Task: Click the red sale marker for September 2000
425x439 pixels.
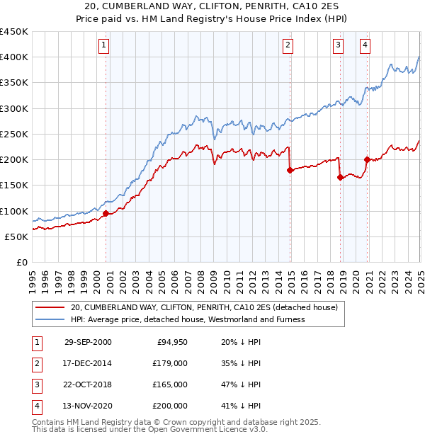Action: point(106,213)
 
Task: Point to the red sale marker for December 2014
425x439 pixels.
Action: point(290,170)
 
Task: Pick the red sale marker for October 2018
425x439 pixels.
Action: point(340,177)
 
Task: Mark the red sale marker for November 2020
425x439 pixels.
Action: point(367,159)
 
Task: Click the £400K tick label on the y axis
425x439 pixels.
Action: point(14,57)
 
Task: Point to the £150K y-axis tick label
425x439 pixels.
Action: point(14,186)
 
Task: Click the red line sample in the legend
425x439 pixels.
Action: point(50,307)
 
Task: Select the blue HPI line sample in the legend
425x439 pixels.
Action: point(50,319)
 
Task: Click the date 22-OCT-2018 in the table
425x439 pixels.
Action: point(88,384)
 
